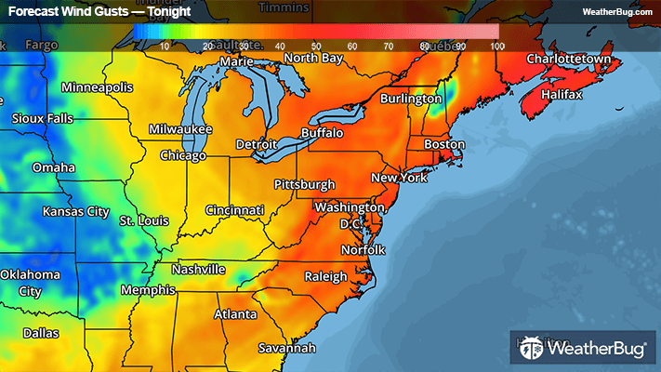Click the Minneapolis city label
(98, 87)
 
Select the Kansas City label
(76, 211)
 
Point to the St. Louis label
(143, 220)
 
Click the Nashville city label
(198, 270)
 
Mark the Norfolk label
(362, 250)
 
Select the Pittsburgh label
(305, 184)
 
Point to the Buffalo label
(322, 133)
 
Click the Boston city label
(443, 144)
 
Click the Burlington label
(414, 98)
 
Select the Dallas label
(41, 332)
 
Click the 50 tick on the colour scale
(316, 46)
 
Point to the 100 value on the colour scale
(496, 46)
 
